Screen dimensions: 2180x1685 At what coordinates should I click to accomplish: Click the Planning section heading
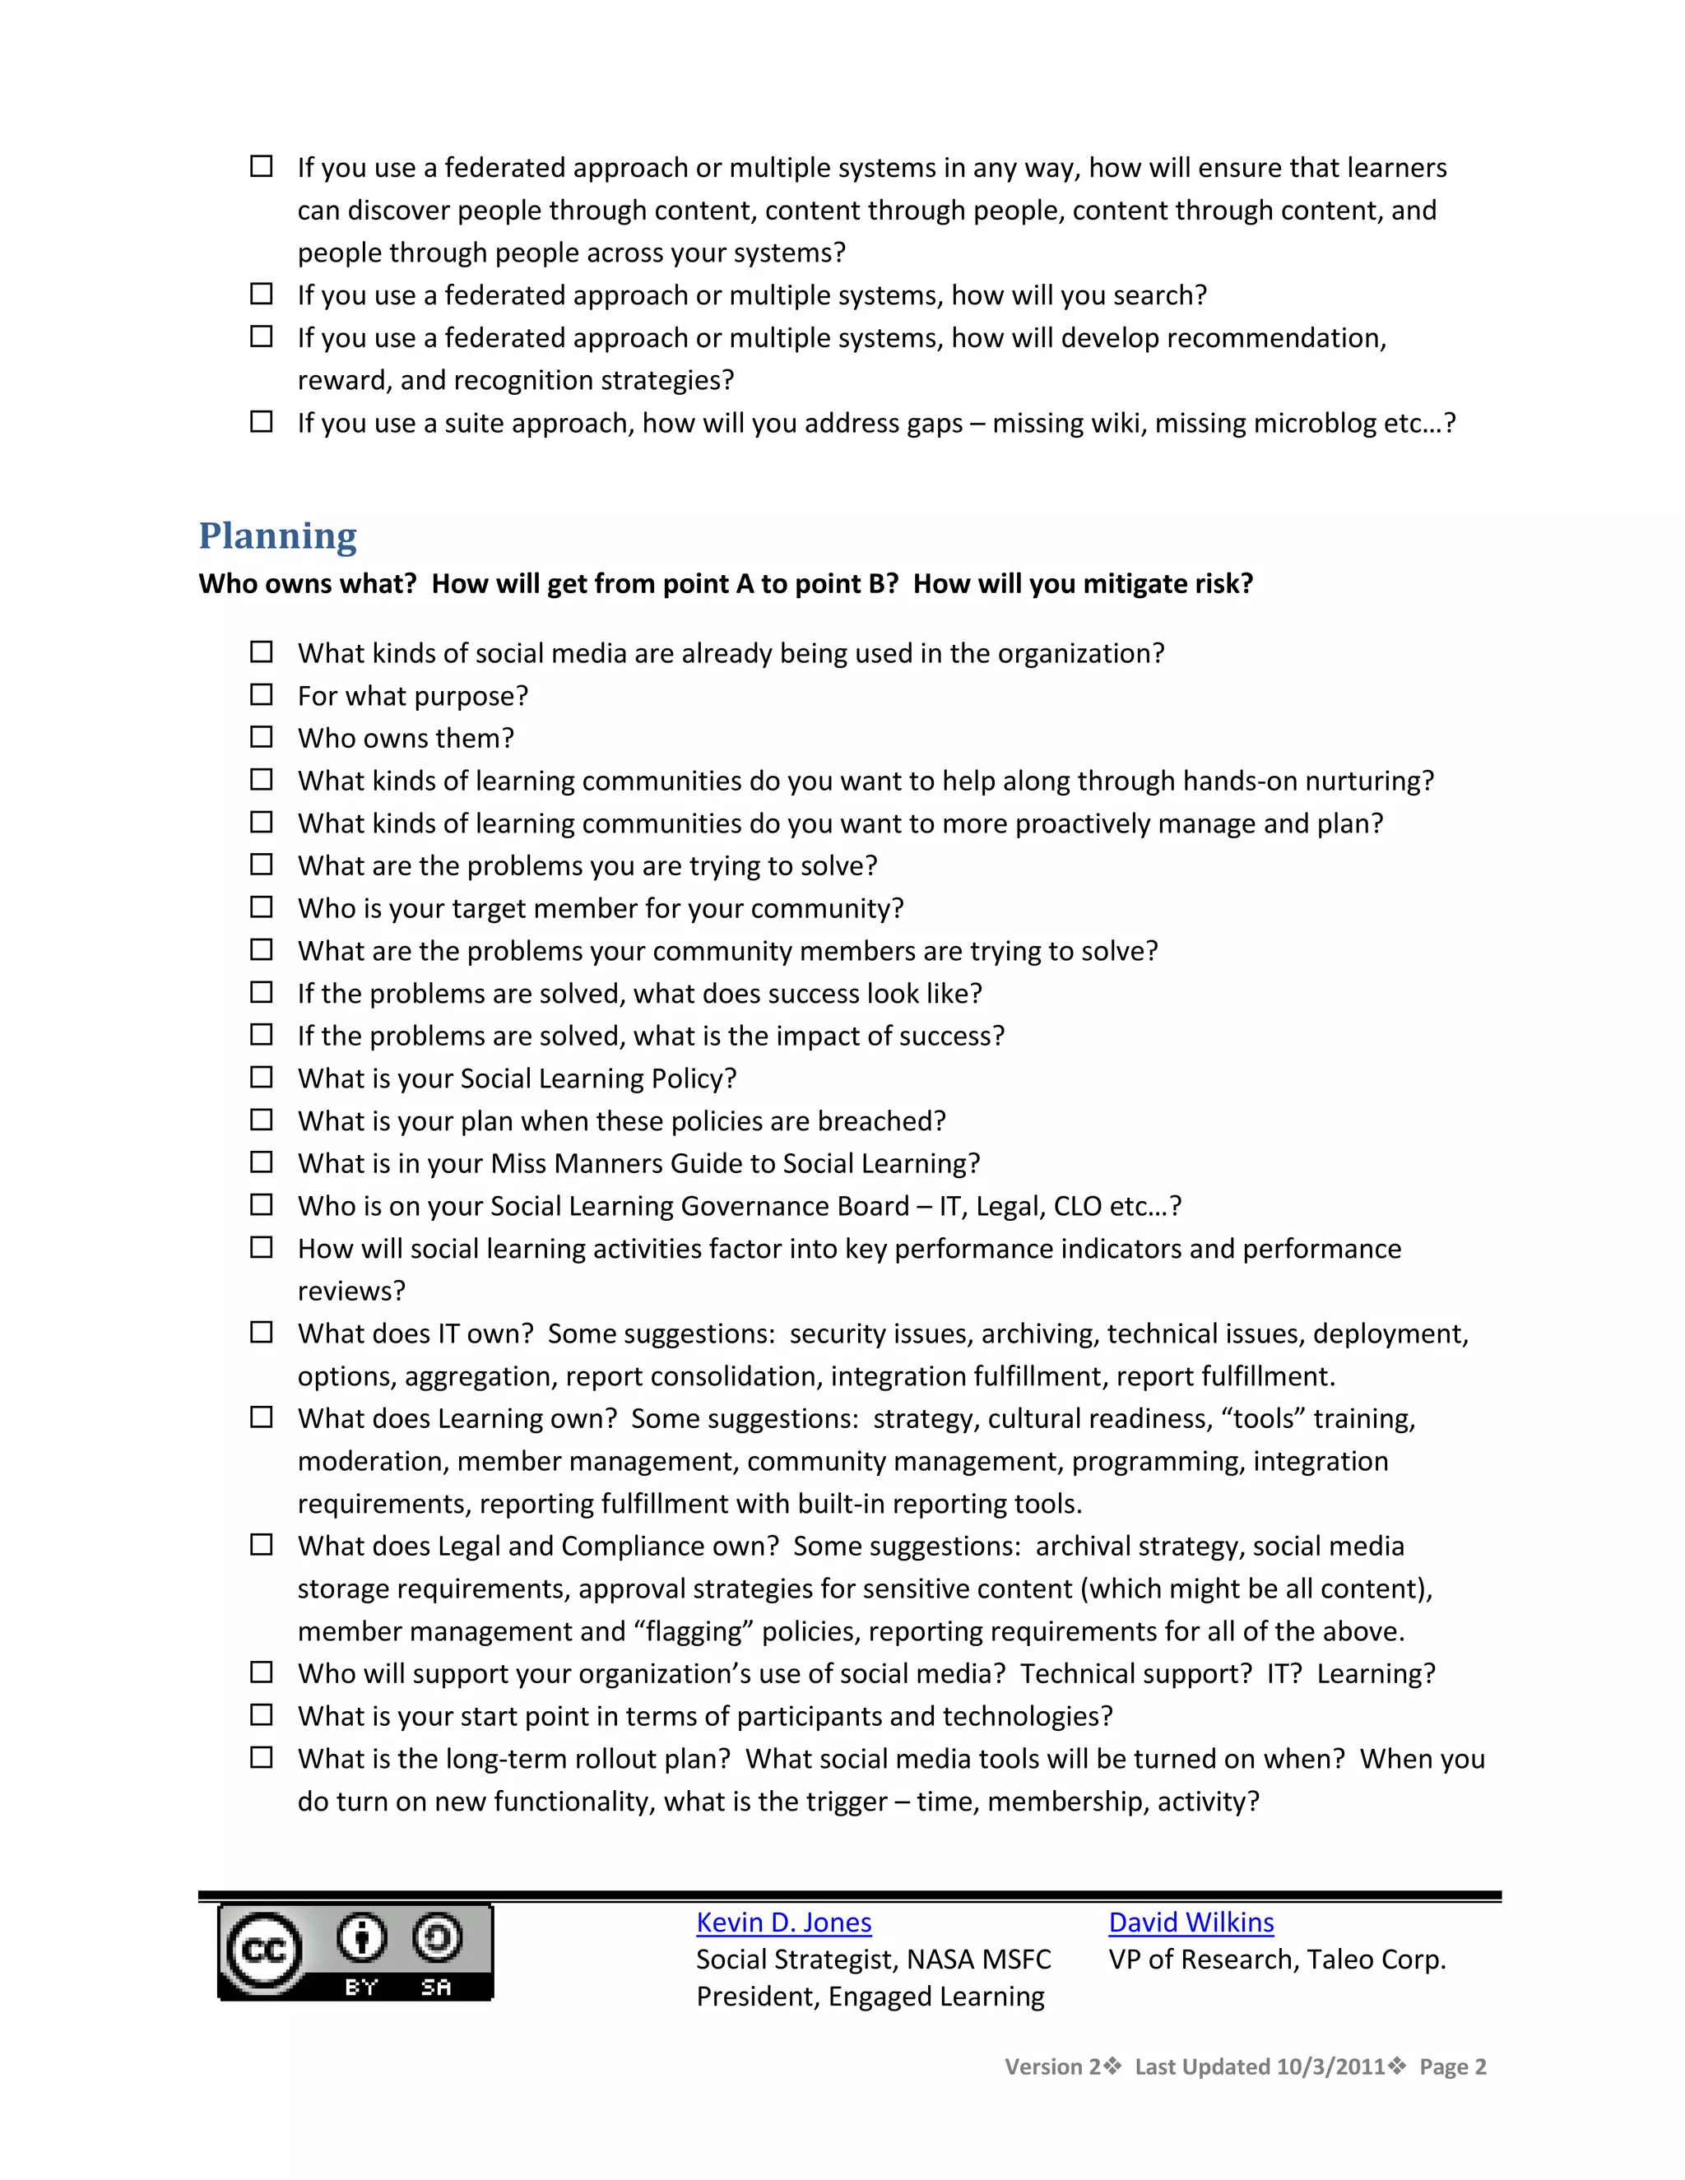tap(277, 536)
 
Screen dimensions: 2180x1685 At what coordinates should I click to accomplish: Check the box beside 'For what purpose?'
tap(262, 695)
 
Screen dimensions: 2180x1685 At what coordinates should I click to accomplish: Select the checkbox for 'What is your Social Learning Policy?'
tap(262, 1078)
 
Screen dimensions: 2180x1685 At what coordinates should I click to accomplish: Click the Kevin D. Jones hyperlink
tap(783, 1923)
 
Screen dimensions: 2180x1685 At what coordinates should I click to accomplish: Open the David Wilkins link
tap(1191, 1923)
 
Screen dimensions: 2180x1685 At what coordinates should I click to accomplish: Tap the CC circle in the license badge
tap(263, 1950)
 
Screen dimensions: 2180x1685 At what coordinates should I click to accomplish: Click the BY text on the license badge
tap(361, 1988)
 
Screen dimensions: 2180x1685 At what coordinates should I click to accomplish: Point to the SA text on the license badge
tap(436, 1988)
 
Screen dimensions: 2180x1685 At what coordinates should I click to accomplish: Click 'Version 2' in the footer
tap(1052, 2066)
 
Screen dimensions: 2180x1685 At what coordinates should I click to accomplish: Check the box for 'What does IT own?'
tap(262, 1333)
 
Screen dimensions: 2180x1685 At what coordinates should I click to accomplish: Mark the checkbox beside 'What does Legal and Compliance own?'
tap(262, 1545)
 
